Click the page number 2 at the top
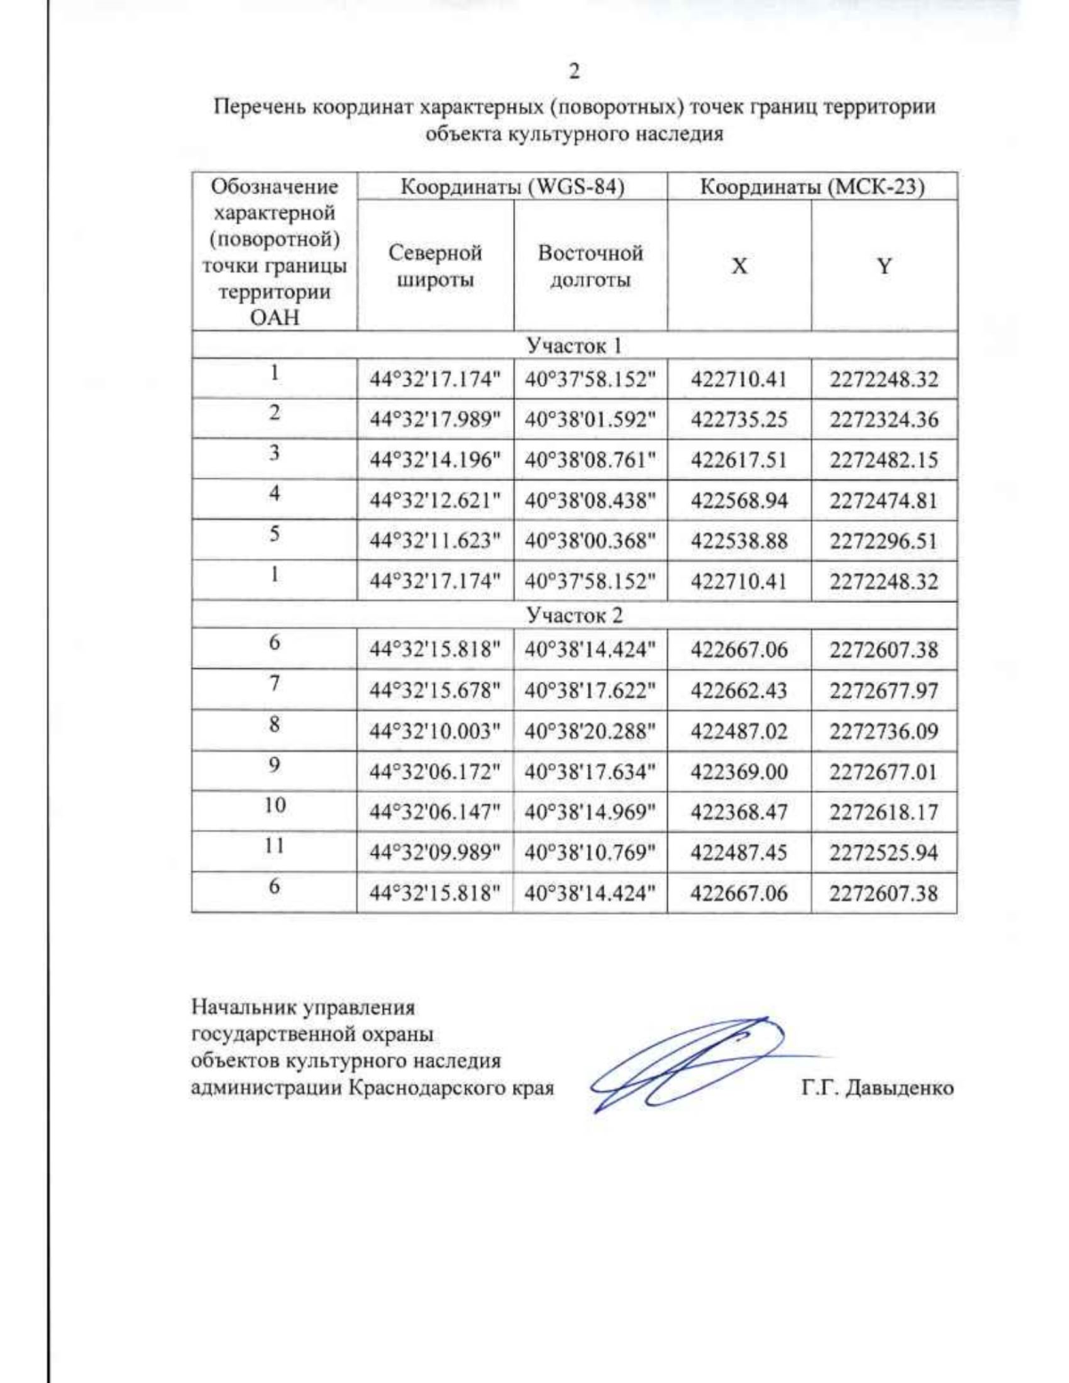coord(574,71)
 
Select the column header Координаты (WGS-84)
coord(511,187)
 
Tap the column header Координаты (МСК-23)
coord(812,187)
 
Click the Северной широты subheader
coord(435,266)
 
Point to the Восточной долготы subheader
coord(590,266)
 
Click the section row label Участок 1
coord(574,345)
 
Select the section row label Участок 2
coord(574,615)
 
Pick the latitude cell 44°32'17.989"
coord(435,419)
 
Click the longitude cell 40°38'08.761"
coord(590,460)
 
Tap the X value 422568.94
coord(739,500)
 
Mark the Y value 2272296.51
coord(884,541)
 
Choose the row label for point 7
coord(274,683)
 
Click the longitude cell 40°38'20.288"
coord(590,731)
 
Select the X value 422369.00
coord(739,772)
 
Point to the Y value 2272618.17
coord(884,812)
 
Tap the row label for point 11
coord(274,845)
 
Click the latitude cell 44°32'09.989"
coord(435,853)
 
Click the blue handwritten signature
coord(686,1064)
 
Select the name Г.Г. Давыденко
coord(877,1088)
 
